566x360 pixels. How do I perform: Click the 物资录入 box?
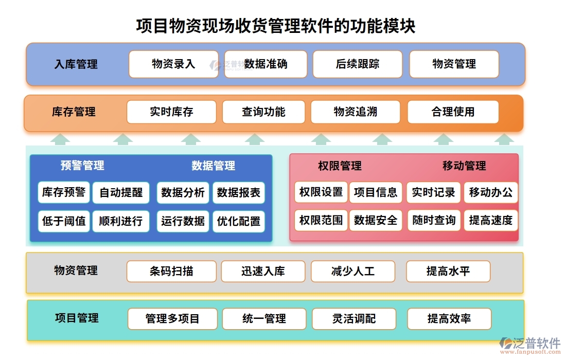[173, 64]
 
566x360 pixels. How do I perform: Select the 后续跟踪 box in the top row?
[357, 64]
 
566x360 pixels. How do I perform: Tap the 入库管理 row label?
[76, 64]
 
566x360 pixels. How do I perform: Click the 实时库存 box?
[171, 112]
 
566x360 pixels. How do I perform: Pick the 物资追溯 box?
[355, 112]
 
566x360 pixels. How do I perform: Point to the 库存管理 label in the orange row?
[74, 112]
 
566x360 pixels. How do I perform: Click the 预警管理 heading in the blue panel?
[82, 166]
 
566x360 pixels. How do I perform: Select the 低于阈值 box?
[64, 221]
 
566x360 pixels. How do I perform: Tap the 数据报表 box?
[239, 193]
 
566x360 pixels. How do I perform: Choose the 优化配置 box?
[239, 222]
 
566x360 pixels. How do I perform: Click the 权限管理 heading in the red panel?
[340, 166]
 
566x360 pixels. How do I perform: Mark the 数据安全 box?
[376, 221]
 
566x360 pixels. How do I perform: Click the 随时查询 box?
[434, 221]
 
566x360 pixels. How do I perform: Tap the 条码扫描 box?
[171, 271]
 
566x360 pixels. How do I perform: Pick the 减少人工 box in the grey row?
[353, 271]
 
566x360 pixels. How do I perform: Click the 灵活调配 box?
[354, 319]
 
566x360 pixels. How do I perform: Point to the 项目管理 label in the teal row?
[77, 318]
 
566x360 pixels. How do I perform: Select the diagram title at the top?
[276, 26]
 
